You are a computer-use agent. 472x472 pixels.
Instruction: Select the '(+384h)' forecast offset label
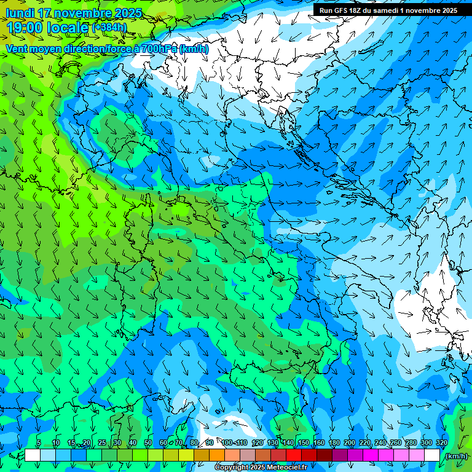pyautogui.click(x=109, y=27)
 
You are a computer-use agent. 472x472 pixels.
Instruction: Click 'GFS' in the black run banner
pyautogui.click(x=343, y=10)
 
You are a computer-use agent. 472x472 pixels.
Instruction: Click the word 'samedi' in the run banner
pyautogui.click(x=386, y=10)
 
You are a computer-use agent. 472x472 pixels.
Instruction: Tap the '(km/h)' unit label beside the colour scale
pyautogui.click(x=456, y=456)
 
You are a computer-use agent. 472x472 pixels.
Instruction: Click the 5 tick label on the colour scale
pyautogui.click(x=39, y=442)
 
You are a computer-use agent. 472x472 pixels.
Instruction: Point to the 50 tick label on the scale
pyautogui.click(x=148, y=442)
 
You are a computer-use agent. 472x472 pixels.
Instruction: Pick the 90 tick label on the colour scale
pyautogui.click(x=210, y=442)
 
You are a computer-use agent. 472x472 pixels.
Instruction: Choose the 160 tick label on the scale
pyautogui.click(x=318, y=442)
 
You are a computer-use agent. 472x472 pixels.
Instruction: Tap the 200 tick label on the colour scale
pyautogui.click(x=349, y=442)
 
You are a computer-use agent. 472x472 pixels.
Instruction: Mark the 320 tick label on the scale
pyautogui.click(x=441, y=442)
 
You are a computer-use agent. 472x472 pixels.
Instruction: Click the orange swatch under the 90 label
pyautogui.click(x=217, y=455)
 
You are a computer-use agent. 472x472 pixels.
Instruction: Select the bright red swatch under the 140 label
pyautogui.click(x=294, y=455)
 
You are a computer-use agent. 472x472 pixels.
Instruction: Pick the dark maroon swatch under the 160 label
pyautogui.click(x=324, y=455)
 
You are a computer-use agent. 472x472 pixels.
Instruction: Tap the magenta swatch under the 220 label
pyautogui.click(x=371, y=455)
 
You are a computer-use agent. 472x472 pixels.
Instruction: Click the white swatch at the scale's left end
pyautogui.click(x=33, y=455)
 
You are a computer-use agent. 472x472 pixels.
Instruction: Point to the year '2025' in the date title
pyautogui.click(x=123, y=13)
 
